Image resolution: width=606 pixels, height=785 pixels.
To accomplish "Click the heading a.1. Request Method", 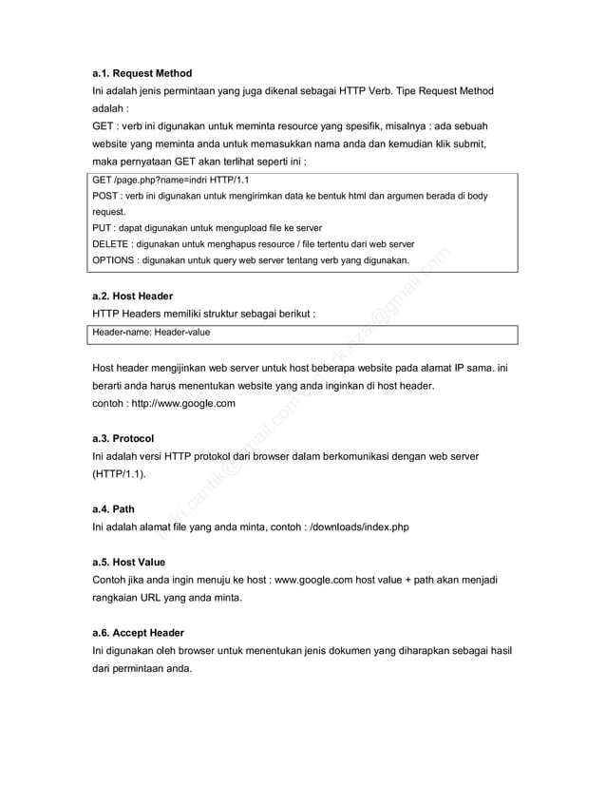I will [x=142, y=73].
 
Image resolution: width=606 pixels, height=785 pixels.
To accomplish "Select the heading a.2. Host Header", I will [x=132, y=297].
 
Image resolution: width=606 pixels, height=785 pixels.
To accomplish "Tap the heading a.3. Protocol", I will [x=123, y=438].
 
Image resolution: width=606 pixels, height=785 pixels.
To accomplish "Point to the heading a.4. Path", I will [x=113, y=509].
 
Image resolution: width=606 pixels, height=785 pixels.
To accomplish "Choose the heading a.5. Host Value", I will [x=129, y=562].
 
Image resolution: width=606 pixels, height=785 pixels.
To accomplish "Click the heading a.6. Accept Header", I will [x=138, y=633].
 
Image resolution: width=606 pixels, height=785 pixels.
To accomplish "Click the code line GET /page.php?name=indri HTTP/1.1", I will [x=171, y=179].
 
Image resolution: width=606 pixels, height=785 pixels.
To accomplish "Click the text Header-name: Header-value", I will [x=151, y=333].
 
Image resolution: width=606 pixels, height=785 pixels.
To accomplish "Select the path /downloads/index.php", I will [x=360, y=527].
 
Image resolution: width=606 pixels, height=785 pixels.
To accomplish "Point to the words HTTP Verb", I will [x=380, y=91].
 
